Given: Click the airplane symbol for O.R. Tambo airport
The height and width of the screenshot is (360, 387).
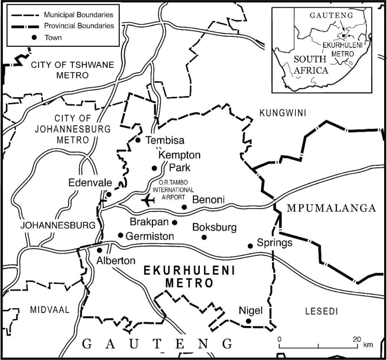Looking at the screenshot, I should (148, 200).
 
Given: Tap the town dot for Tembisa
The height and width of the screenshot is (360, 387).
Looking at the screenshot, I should (138, 140).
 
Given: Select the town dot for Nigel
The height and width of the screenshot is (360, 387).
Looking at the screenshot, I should (249, 321).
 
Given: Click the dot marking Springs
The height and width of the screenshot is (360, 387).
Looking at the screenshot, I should (250, 246).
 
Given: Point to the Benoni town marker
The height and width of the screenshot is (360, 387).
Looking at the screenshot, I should (184, 207).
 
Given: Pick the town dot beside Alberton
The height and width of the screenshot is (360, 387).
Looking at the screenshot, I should (99, 250).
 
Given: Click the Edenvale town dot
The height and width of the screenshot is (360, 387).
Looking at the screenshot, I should (109, 194).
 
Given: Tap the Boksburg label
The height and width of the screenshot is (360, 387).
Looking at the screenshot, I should (214, 227).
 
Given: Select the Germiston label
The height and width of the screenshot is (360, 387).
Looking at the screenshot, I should (150, 236).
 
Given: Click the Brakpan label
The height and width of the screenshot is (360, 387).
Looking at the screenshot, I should (149, 222).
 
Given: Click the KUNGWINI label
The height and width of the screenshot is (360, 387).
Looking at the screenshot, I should (282, 113).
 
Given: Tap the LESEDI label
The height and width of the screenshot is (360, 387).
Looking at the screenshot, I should (321, 312).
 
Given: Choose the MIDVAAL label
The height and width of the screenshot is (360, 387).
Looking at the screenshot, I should (50, 310).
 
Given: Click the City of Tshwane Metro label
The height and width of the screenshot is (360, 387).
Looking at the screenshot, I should (73, 70).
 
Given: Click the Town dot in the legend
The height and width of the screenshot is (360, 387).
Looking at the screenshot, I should (35, 37).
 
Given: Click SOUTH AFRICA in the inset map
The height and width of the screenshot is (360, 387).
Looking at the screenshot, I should (311, 64).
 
